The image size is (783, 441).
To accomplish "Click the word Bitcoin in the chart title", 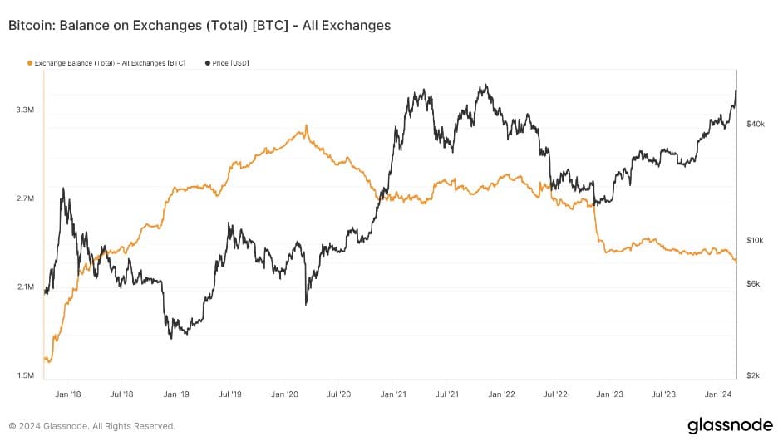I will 31,26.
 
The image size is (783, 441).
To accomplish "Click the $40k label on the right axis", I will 755,124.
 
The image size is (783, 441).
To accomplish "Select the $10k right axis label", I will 755,241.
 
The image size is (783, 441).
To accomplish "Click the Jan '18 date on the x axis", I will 67,395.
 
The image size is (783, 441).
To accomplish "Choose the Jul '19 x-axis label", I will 230,395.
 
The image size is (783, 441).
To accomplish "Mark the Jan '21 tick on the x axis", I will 393,395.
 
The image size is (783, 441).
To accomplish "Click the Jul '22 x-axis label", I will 556,395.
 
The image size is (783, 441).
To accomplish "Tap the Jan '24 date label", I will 719,395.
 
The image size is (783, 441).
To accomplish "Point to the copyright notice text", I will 92,426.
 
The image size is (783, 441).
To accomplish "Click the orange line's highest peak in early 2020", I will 306,126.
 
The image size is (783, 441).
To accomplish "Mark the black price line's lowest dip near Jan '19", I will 170,337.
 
